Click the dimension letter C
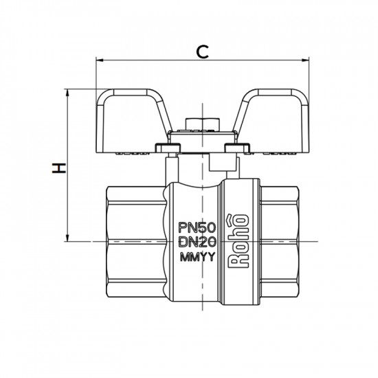[202, 50]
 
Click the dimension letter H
[60, 167]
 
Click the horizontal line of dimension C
[151, 60]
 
